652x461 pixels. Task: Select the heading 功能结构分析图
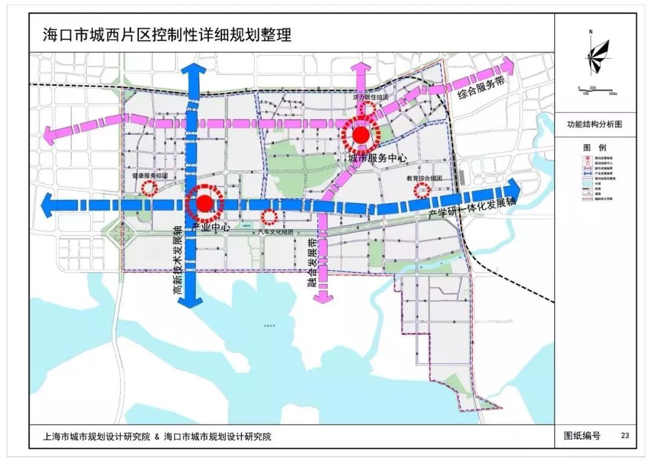[x=594, y=124]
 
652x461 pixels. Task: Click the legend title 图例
[x=595, y=148]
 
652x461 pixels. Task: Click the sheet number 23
[x=625, y=435]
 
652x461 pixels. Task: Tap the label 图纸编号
[x=582, y=435]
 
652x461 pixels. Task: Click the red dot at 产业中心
[x=205, y=204]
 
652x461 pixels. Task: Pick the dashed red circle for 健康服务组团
[x=147, y=187]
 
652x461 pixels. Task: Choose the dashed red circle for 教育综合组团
[x=421, y=191]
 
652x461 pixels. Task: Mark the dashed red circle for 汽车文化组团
[x=269, y=216]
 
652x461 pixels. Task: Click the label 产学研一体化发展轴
[x=471, y=209]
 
